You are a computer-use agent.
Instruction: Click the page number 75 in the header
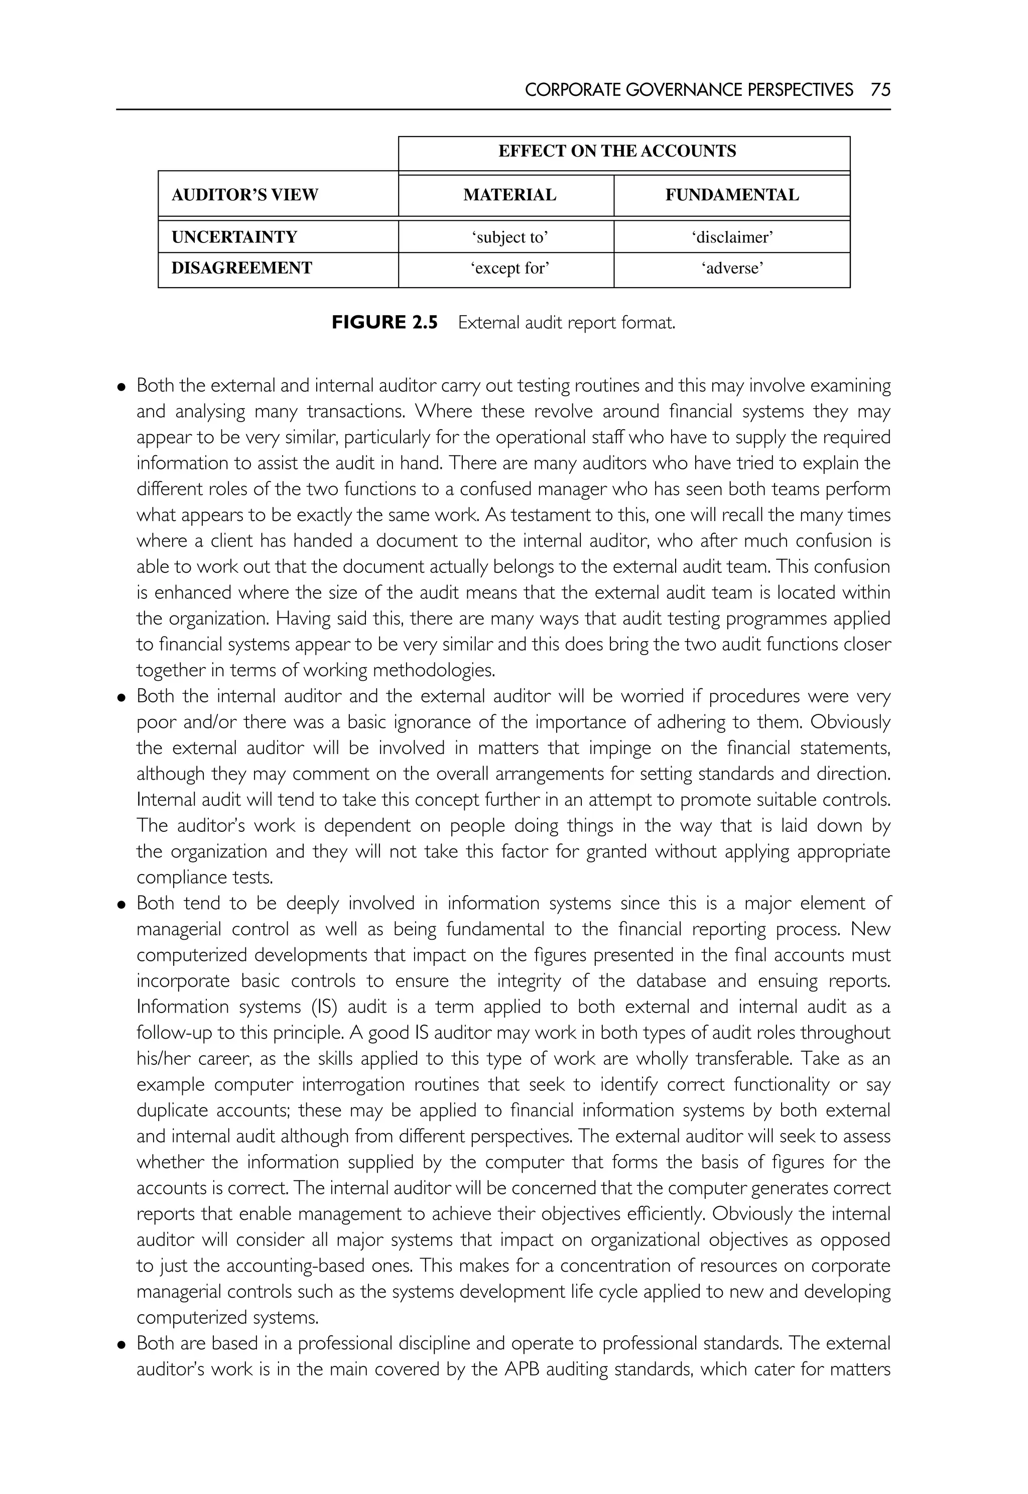pyautogui.click(x=880, y=89)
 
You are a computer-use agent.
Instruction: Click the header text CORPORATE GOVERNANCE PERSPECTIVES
pyautogui.click(x=689, y=89)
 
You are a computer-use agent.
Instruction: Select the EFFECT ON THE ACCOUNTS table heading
pyautogui.click(x=617, y=152)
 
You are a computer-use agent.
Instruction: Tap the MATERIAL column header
pyautogui.click(x=509, y=195)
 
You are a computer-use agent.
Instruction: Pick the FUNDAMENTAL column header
pyautogui.click(x=732, y=195)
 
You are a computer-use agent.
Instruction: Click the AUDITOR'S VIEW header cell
pyautogui.click(x=245, y=195)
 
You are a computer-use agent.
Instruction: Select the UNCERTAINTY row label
pyautogui.click(x=234, y=237)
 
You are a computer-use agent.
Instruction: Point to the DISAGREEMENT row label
pyautogui.click(x=241, y=268)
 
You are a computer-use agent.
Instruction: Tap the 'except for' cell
pyautogui.click(x=509, y=269)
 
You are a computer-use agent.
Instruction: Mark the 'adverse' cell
pyautogui.click(x=732, y=269)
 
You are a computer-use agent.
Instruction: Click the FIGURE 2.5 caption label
pyautogui.click(x=384, y=323)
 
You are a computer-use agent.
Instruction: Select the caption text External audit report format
pyautogui.click(x=567, y=323)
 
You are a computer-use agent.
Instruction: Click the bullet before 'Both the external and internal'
pyautogui.click(x=121, y=387)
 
